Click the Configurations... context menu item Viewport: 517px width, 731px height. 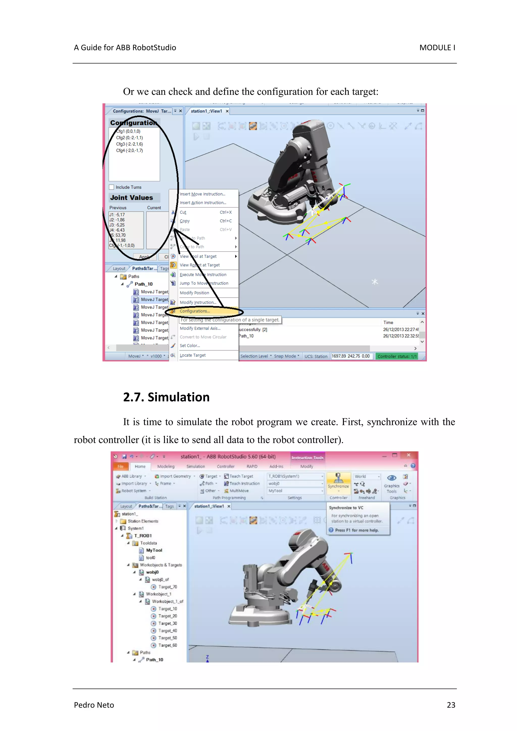click(x=195, y=311)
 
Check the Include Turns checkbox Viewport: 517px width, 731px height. click(x=112, y=187)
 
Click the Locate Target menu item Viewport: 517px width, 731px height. click(x=192, y=355)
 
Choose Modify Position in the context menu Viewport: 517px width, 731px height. click(x=194, y=293)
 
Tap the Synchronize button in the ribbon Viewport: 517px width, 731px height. click(x=338, y=481)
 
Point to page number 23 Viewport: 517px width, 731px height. click(x=451, y=705)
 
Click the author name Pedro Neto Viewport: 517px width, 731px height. click(x=94, y=705)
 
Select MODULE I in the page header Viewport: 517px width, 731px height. click(x=437, y=48)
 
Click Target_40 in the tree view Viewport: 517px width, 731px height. click(x=168, y=631)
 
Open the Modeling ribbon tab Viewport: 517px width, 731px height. click(x=166, y=466)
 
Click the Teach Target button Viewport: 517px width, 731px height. click(x=241, y=476)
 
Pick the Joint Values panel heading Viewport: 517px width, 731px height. click(x=132, y=198)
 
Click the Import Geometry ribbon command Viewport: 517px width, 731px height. click(x=175, y=476)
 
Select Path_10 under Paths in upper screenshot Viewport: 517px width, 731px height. click(x=143, y=284)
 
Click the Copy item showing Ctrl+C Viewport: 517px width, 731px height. click(x=185, y=221)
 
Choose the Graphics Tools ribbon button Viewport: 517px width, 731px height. click(x=392, y=483)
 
